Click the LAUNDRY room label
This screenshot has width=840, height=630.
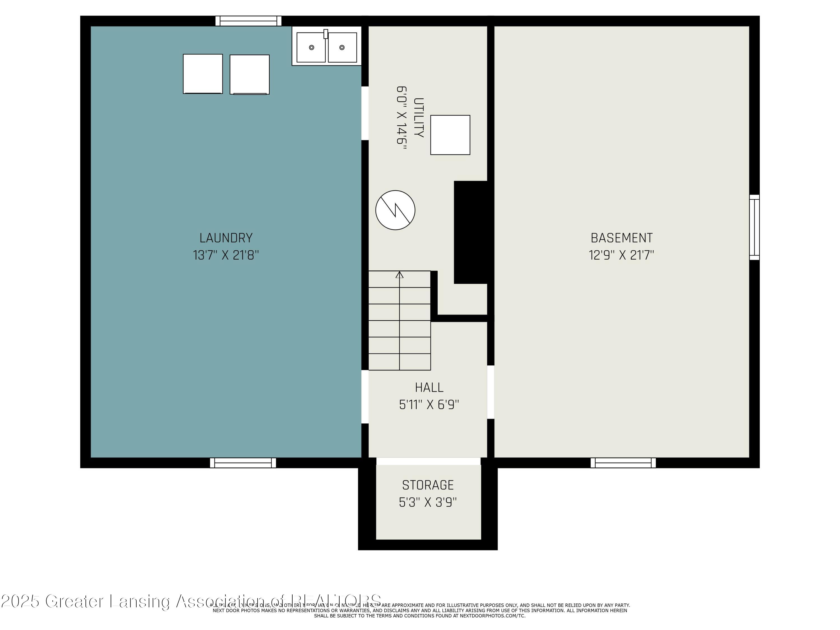[226, 238]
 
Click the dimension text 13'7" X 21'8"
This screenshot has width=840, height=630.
[226, 255]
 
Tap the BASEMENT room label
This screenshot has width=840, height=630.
[622, 238]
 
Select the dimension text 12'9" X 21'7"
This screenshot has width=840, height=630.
[622, 255]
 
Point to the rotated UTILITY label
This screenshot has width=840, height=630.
[418, 118]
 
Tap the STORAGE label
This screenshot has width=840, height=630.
[428, 485]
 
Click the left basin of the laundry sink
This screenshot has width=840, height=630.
[311, 48]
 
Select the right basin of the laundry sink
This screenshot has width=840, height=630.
[342, 48]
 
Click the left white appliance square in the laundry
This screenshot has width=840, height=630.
[203, 74]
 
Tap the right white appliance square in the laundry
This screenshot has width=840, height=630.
[249, 74]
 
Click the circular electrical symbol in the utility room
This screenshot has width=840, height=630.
[395, 210]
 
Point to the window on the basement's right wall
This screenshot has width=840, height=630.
[754, 227]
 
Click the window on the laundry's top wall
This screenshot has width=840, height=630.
[248, 21]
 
